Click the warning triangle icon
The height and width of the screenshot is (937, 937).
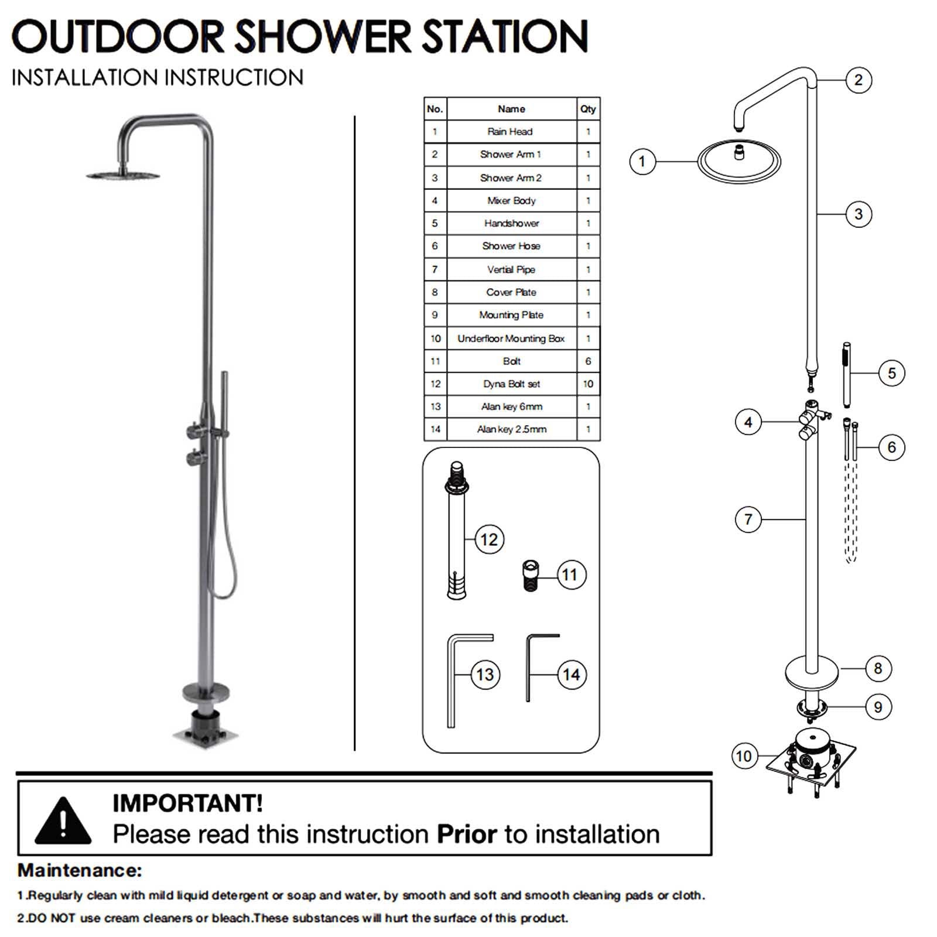tap(63, 821)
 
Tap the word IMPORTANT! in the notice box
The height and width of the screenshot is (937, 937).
tap(187, 803)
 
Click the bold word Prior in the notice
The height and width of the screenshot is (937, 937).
tap(467, 834)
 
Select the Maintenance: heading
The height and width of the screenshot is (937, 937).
tap(80, 870)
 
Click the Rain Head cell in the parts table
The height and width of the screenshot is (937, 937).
tap(511, 132)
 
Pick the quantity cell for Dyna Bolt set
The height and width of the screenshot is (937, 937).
tap(588, 384)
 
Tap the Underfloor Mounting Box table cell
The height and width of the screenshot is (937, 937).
tap(511, 338)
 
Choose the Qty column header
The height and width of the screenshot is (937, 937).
tap(588, 109)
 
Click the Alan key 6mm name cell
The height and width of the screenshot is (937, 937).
tap(511, 406)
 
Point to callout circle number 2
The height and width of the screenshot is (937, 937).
tap(859, 80)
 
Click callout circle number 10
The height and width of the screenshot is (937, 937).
tap(744, 756)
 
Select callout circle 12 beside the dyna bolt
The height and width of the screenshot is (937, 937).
tap(489, 539)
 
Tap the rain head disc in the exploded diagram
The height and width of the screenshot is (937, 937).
tap(739, 160)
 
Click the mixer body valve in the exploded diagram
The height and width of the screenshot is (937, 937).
tap(812, 419)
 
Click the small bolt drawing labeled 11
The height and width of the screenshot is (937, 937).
tap(530, 576)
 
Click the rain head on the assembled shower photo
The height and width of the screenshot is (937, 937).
tap(123, 175)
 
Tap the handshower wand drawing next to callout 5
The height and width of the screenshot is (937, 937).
tap(846, 375)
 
